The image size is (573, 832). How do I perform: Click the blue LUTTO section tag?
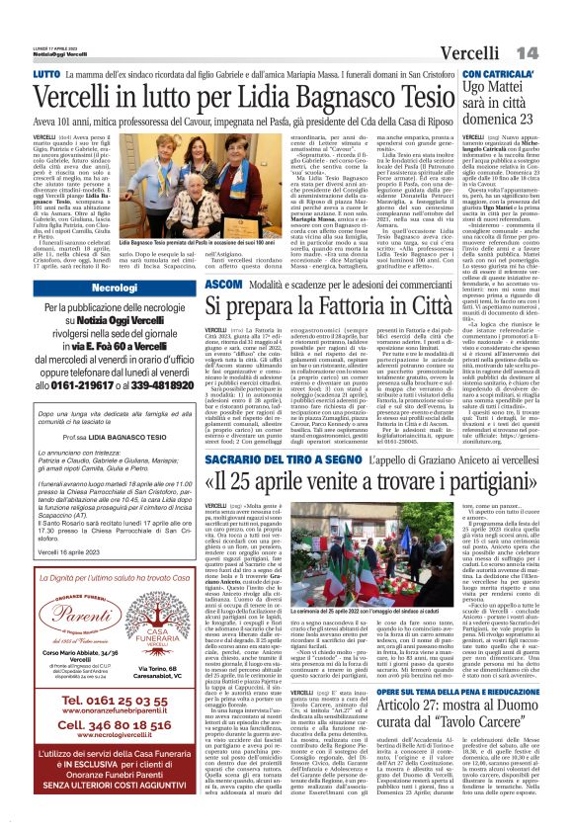[46, 74]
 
